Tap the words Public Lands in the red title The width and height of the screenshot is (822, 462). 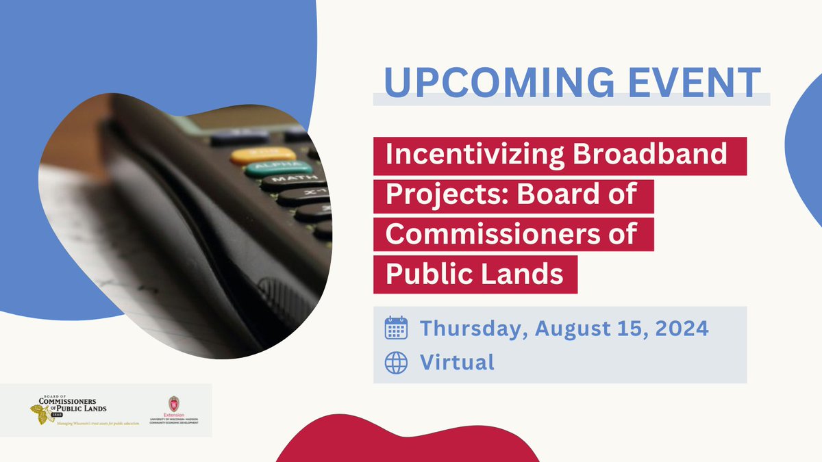point(475,274)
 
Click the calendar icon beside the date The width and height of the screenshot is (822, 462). point(397,328)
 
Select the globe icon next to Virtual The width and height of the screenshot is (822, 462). point(397,362)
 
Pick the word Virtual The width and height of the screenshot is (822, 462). point(457,362)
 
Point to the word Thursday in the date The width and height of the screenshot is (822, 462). point(472,328)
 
